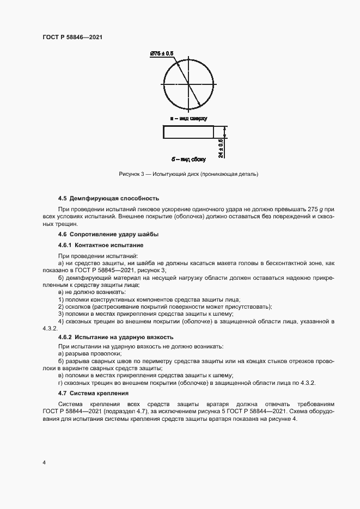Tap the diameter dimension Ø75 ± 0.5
161,53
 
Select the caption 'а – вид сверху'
188,118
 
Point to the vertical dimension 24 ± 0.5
221,148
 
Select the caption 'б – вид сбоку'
188,159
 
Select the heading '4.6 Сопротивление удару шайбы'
108,234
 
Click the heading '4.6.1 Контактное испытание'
94,246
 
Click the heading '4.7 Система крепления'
93,393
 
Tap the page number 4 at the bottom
44,462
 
